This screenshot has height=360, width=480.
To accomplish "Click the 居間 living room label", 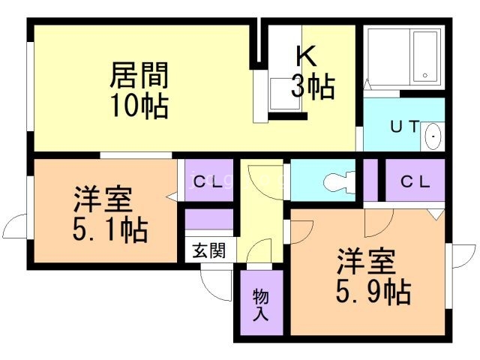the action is [x=139, y=75].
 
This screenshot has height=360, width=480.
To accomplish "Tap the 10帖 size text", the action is [x=139, y=106].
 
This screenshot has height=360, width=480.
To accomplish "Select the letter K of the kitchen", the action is [x=307, y=56].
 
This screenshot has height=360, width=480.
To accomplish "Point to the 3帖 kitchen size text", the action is [x=313, y=86].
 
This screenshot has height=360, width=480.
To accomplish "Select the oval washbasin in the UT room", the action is [x=433, y=136].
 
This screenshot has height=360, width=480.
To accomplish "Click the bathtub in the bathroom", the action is [x=425, y=56].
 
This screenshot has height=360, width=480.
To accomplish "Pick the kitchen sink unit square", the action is [x=285, y=94].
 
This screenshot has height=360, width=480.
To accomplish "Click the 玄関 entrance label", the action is [x=209, y=250].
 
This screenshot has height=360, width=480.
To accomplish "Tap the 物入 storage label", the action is [x=261, y=305].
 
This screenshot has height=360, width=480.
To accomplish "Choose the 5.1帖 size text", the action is [x=110, y=229].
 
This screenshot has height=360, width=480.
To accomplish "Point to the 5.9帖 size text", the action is [x=373, y=292].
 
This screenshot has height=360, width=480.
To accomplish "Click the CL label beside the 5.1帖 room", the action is [x=208, y=182].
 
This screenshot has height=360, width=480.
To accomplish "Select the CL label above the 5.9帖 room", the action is [x=415, y=182].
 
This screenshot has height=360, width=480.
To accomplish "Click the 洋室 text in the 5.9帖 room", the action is [x=366, y=261].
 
